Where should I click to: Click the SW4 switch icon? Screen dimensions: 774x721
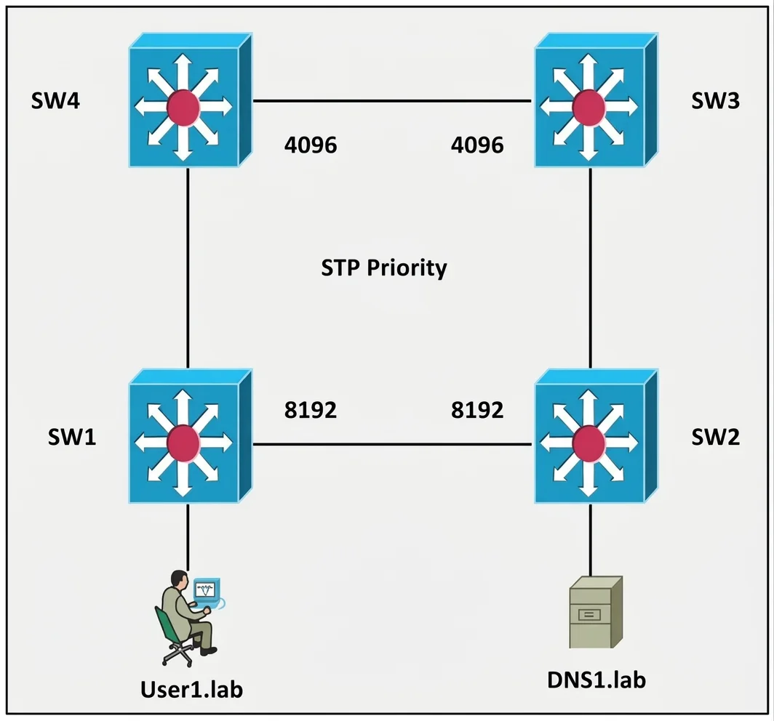coord(191,100)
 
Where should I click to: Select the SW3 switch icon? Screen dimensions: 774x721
coord(597,100)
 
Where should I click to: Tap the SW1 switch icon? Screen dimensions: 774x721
coord(191,436)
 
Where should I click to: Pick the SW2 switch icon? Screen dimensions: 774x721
coord(597,436)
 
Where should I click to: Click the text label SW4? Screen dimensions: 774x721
coord(55,100)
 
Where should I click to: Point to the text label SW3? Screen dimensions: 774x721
coord(715,100)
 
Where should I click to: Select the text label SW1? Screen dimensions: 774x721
coord(72,437)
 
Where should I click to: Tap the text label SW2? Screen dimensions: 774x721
coord(715,437)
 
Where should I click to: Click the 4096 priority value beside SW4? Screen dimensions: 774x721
coord(311,145)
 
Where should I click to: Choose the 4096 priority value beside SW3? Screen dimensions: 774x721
coord(477,145)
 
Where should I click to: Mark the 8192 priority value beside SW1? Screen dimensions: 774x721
coord(311,410)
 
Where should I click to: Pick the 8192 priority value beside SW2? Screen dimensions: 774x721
coord(477,410)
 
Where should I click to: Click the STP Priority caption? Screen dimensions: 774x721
coord(384,268)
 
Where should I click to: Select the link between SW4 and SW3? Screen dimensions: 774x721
coord(392,101)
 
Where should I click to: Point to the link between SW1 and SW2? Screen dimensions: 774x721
coord(392,444)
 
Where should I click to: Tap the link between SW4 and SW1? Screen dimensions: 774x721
coord(188,268)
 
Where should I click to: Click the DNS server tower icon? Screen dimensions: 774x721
coord(596,612)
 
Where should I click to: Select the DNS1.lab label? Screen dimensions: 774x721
coord(597,680)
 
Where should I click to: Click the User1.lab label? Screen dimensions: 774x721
coord(191,690)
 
